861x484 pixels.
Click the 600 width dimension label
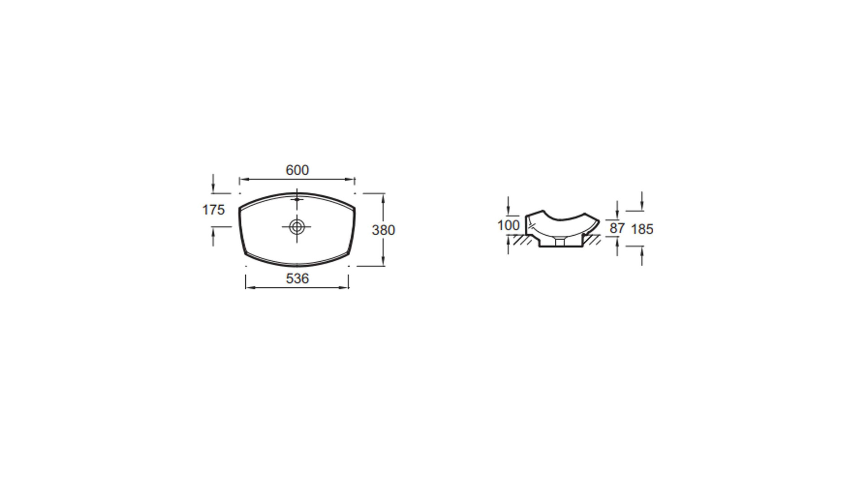pyautogui.click(x=297, y=170)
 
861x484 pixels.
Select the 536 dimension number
pyautogui.click(x=297, y=279)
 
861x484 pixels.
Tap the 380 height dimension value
pyautogui.click(x=383, y=230)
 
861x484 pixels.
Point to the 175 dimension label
pyautogui.click(x=213, y=210)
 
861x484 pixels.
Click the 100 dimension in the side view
pyautogui.click(x=509, y=225)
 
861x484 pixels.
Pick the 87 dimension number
pyautogui.click(x=617, y=229)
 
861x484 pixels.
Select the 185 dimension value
pyautogui.click(x=642, y=229)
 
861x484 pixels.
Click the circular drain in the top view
pyautogui.click(x=296, y=227)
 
